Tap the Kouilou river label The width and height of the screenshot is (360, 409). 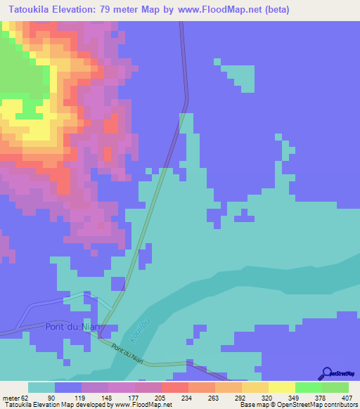[134, 332]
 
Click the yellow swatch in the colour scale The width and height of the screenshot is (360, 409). [281, 387]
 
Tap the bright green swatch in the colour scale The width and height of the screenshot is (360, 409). [308, 387]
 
